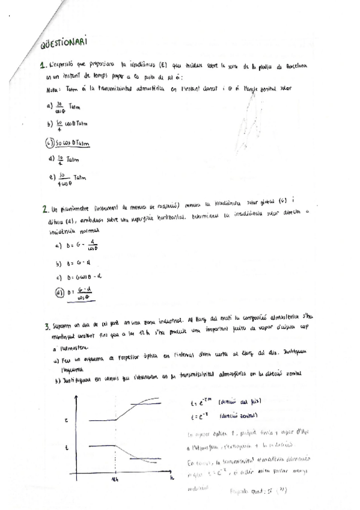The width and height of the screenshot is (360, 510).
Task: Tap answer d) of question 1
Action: [63, 159]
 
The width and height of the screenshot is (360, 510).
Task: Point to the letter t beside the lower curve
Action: [66, 447]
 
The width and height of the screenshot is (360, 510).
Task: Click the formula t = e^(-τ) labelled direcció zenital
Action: [199, 415]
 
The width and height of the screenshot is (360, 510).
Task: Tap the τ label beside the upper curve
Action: [66, 421]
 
